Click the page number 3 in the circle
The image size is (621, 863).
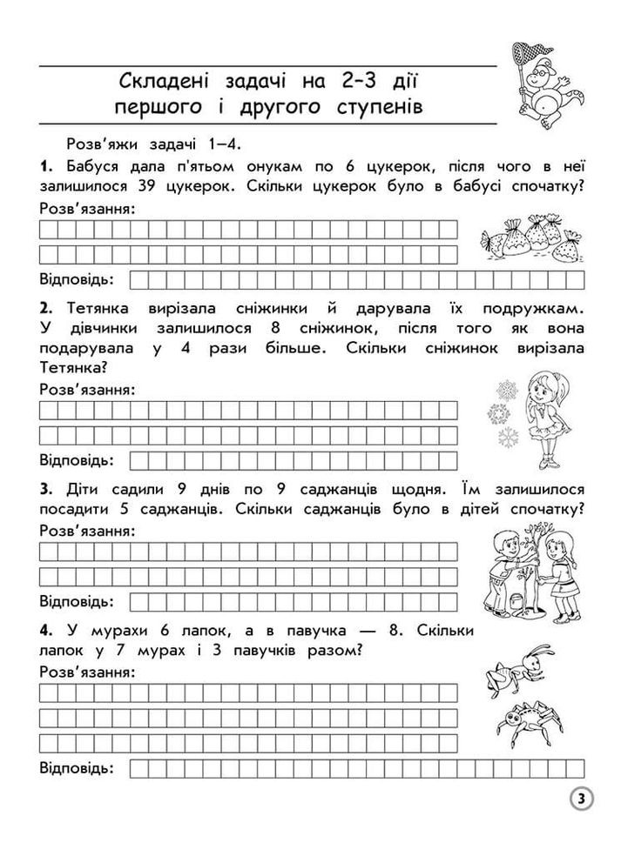[582, 798]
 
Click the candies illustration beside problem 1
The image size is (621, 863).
[528, 238]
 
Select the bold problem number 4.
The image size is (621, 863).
[46, 629]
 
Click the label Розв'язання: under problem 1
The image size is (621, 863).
[88, 208]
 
